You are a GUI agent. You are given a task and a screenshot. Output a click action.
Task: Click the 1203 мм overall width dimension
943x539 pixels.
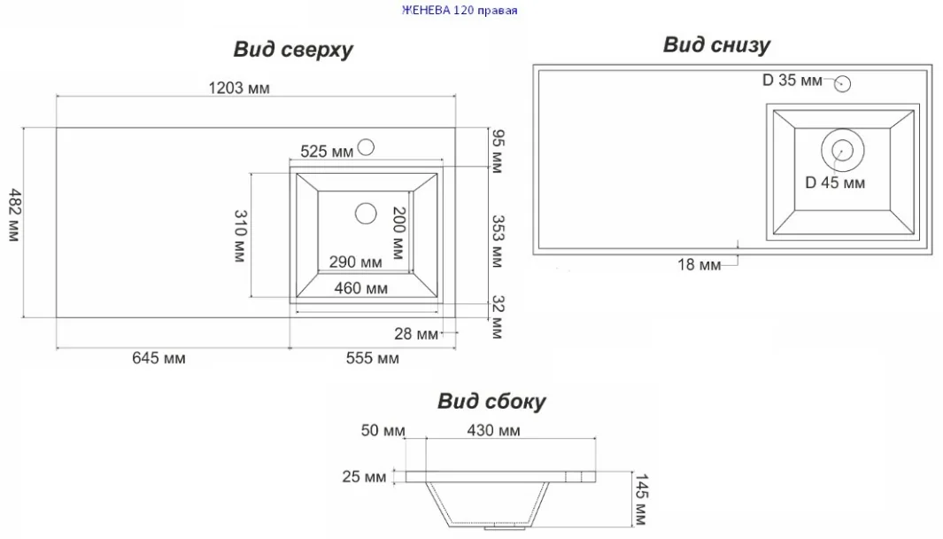[x=239, y=89]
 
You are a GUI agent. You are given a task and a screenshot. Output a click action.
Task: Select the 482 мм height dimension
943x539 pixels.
[x=14, y=215]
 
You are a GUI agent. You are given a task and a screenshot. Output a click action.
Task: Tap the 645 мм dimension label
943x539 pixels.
[x=158, y=358]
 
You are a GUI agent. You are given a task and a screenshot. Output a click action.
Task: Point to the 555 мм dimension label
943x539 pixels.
[x=372, y=358]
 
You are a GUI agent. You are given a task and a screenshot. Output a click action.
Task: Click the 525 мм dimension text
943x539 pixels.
[x=327, y=152]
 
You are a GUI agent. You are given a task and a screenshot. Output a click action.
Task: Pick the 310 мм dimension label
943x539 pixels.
[x=240, y=236]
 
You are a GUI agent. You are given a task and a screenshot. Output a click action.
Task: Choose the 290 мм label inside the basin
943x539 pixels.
[x=355, y=262]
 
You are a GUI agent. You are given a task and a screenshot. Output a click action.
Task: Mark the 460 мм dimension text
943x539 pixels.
[x=361, y=288]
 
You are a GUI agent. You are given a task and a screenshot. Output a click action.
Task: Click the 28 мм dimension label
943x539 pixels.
[x=416, y=333]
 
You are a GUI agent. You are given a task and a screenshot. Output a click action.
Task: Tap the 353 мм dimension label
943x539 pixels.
[x=497, y=241]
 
